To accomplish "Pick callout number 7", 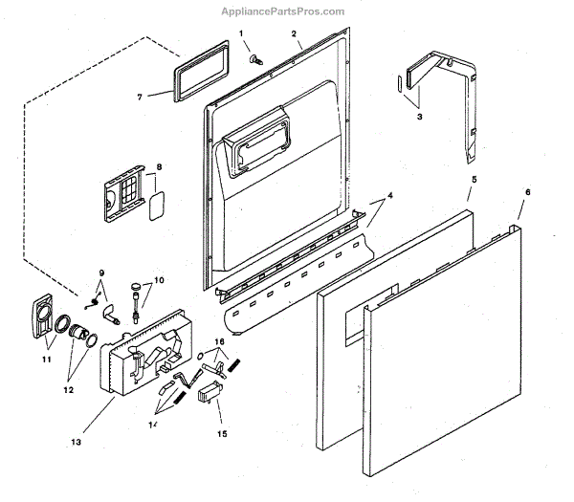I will pos(139,96).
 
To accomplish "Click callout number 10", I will pos(159,280).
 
